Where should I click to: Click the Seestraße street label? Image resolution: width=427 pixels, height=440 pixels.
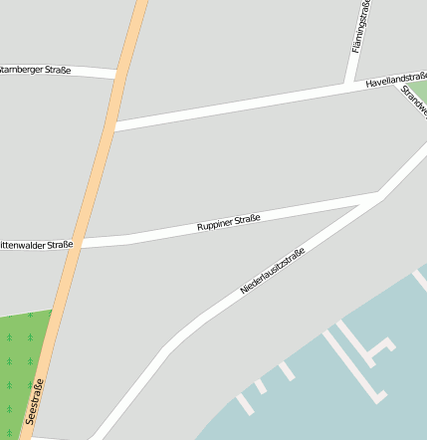pos(37,402)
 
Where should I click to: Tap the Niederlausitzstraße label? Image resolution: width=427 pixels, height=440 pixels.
pos(272,271)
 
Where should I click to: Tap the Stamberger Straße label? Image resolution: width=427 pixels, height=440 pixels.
pos(36,69)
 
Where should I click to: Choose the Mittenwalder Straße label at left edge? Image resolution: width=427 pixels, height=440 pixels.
pos(37,244)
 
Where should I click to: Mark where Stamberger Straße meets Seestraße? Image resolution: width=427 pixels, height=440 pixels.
pos(117,74)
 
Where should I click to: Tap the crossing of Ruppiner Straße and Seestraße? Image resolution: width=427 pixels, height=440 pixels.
pos(81,242)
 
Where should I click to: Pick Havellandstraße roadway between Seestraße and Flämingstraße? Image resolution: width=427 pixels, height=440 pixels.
pos(229,107)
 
